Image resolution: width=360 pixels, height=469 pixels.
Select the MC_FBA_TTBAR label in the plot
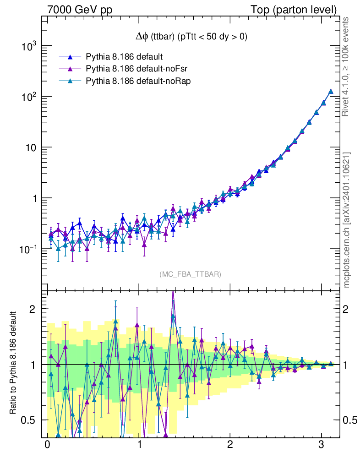point(191,274)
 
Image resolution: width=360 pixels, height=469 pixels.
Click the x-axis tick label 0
point(47,445)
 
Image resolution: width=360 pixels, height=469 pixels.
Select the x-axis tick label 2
point(230,445)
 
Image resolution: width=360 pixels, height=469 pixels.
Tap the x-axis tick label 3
point(322,445)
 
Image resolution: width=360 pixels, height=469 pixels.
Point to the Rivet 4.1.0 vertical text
point(347,66)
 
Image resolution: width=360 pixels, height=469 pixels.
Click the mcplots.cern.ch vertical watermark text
point(347,220)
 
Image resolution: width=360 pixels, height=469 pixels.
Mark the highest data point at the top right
point(331,92)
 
